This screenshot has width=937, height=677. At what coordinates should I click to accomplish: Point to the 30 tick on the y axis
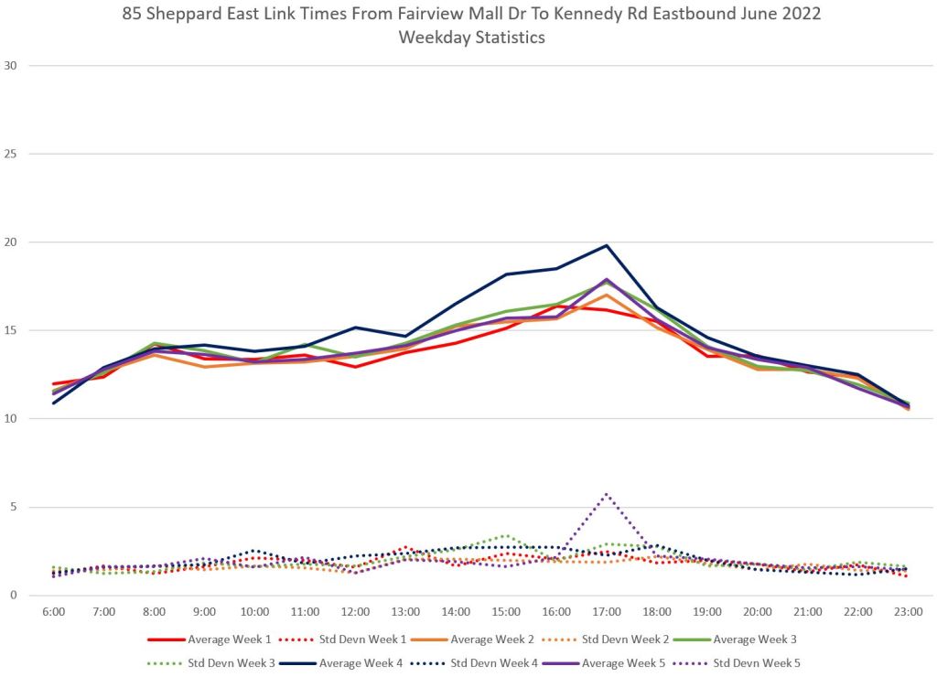[12, 66]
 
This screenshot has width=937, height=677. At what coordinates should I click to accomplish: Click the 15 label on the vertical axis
[12, 330]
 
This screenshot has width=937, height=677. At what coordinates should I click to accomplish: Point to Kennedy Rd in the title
[555, 15]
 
